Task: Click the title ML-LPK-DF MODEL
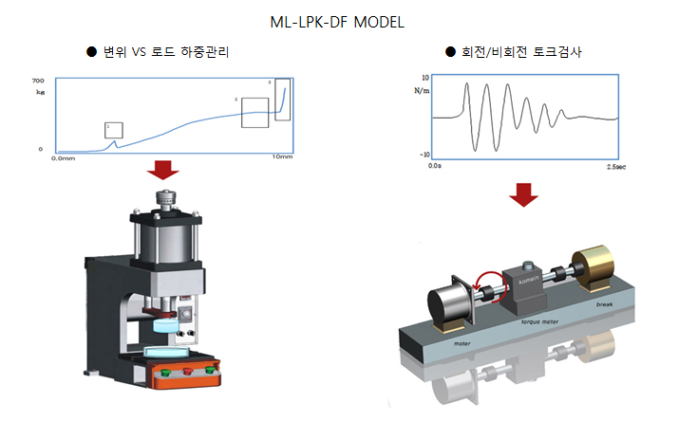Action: click(337, 20)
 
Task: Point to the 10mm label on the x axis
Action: click(283, 156)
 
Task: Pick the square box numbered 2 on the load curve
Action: click(254, 112)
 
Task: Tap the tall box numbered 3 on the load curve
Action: click(282, 98)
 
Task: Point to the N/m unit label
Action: click(423, 91)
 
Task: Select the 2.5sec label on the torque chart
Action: click(615, 166)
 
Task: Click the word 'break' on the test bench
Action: click(605, 306)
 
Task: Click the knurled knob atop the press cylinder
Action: click(166, 202)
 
